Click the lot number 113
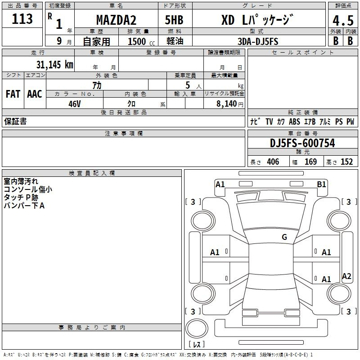pyautogui.click(x=22, y=19)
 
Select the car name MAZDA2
pyautogui.click(x=116, y=20)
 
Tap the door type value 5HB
pyautogui.click(x=174, y=20)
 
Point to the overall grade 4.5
pyautogui.click(x=343, y=20)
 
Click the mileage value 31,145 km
pyautogui.click(x=55, y=65)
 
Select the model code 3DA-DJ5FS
pyautogui.click(x=258, y=41)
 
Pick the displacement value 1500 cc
pyautogui.click(x=141, y=41)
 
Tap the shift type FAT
pyautogui.click(x=13, y=94)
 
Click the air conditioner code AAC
pyautogui.click(x=35, y=94)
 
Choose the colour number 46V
pyautogui.click(x=75, y=104)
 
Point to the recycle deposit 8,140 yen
pyautogui.click(x=230, y=104)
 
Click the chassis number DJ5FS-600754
pyautogui.click(x=302, y=143)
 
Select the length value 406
pyautogui.click(x=273, y=162)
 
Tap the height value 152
pyautogui.click(x=346, y=162)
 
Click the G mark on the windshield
pyautogui.click(x=284, y=237)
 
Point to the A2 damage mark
pyautogui.click(x=346, y=276)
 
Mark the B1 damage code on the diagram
pyautogui.click(x=321, y=184)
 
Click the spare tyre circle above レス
pyautogui.click(x=197, y=328)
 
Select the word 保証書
pyautogui.click(x=15, y=121)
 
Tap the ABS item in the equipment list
pyautogui.click(x=294, y=121)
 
